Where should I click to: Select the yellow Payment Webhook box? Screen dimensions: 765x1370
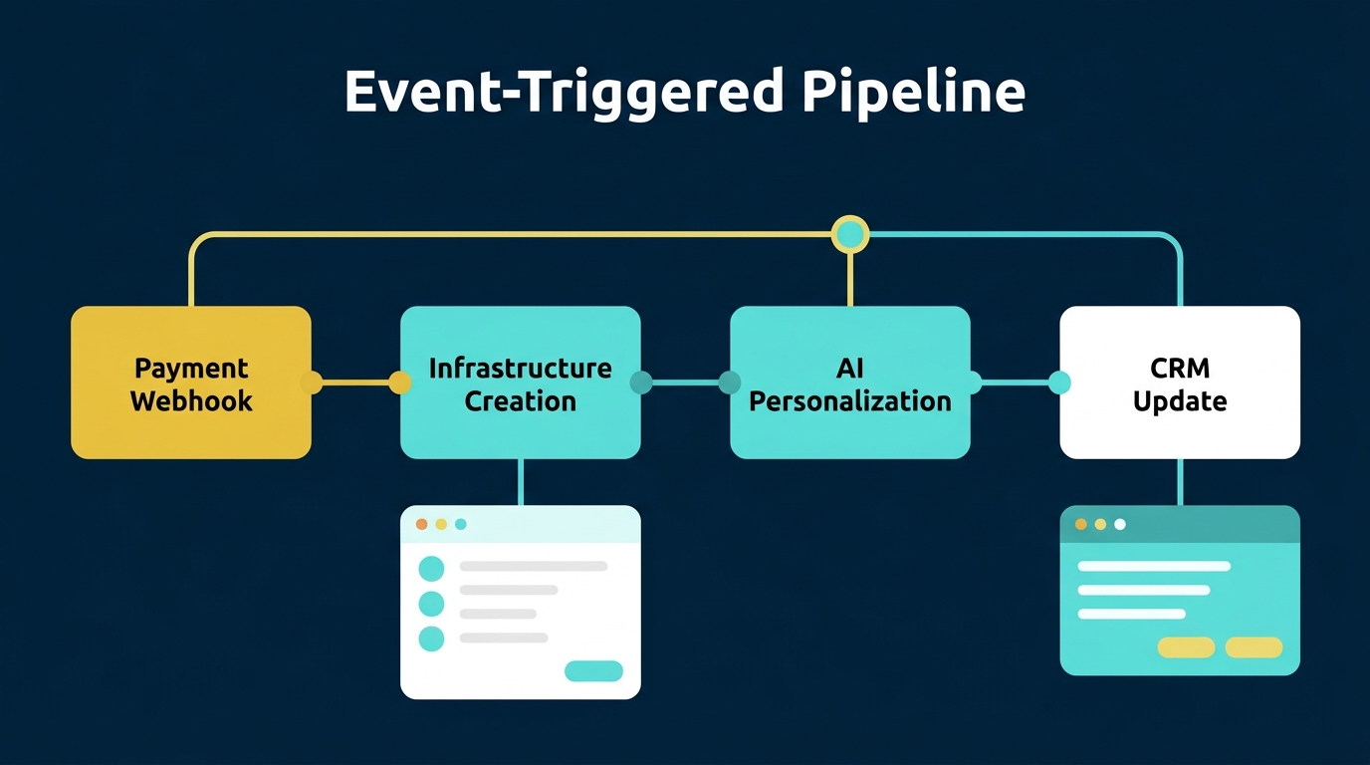191,382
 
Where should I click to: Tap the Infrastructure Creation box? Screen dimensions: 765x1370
520,382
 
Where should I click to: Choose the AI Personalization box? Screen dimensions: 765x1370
849,382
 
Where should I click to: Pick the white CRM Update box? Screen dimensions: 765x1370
1180,382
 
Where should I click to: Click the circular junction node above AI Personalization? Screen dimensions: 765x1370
850,235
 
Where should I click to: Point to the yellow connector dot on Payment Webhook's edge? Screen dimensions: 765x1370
312,382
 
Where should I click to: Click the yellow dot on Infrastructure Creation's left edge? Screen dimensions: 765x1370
400,382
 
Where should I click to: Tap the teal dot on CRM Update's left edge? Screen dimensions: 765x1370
1060,382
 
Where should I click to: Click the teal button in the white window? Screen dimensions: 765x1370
593,671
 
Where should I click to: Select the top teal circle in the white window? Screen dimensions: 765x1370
431,569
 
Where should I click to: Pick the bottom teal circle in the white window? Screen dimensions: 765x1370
431,638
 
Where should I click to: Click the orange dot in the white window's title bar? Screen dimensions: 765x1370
421,524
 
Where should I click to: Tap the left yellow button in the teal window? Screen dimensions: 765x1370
1186,647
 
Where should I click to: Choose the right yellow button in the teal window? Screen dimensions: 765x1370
1254,647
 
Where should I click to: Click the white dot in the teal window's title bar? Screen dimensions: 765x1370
1120,524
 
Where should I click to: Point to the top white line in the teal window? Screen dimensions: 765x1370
1154,566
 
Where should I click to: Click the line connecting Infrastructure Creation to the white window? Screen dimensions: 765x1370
520,482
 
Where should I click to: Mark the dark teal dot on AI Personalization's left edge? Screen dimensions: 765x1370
730,382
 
